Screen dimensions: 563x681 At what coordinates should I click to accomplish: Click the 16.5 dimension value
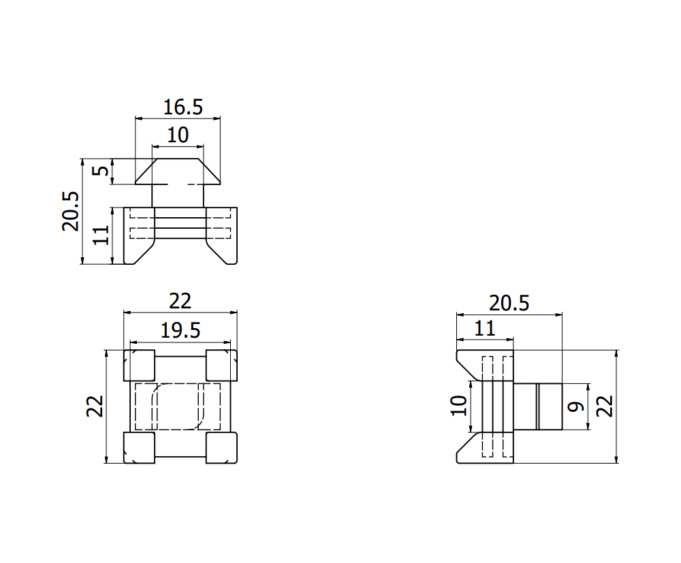(x=183, y=107)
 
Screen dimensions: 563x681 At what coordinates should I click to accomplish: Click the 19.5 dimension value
(x=180, y=331)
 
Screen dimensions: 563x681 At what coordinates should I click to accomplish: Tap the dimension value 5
(x=101, y=171)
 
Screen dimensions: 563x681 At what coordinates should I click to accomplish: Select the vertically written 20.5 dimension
(x=71, y=211)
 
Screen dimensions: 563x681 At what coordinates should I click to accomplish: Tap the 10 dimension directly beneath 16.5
(x=177, y=135)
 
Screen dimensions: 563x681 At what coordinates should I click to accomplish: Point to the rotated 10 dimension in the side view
(x=460, y=406)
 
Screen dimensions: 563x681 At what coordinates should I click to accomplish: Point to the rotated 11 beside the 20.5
(x=101, y=236)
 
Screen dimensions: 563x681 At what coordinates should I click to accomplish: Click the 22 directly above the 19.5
(x=180, y=301)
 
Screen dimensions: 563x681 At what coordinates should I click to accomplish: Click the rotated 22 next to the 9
(x=605, y=406)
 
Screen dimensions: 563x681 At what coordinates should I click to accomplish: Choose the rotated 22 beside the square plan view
(x=95, y=406)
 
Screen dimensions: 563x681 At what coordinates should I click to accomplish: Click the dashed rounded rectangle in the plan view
(x=178, y=406)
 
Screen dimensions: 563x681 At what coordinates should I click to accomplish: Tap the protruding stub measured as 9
(x=538, y=406)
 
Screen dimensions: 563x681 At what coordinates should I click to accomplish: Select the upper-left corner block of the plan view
(x=140, y=366)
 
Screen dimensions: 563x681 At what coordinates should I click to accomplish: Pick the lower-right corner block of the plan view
(x=221, y=447)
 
